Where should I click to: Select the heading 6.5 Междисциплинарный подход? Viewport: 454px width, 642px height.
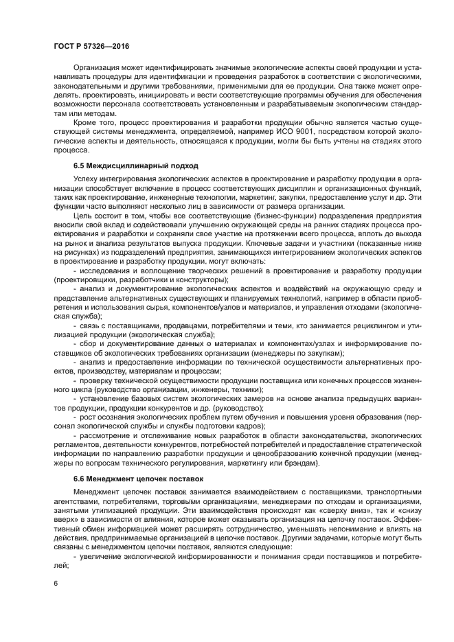135,165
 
